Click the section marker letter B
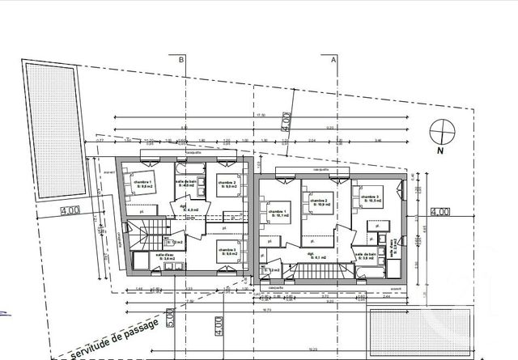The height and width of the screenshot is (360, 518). tap(182, 59)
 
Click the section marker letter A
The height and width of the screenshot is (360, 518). tap(333, 59)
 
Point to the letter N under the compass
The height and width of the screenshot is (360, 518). tap(442, 150)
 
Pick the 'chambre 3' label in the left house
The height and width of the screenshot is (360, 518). tap(227, 252)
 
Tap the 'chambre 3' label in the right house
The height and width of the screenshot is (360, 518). tap(370, 199)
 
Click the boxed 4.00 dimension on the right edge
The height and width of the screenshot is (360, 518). tap(440, 212)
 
